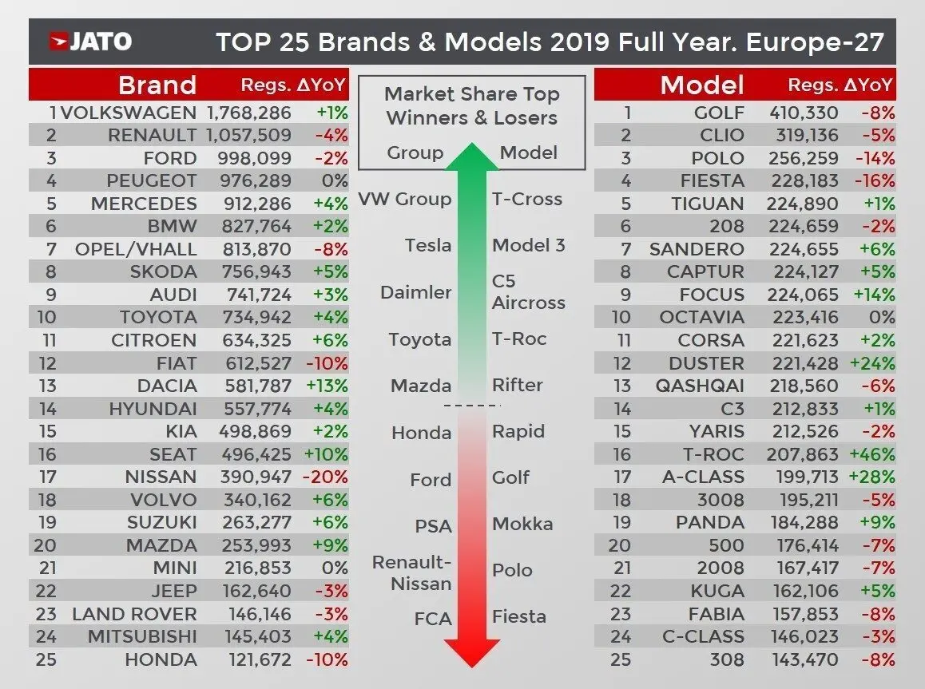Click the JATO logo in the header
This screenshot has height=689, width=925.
coord(90,42)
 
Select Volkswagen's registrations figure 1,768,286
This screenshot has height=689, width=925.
coord(248,113)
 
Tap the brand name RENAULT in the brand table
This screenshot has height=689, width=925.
coord(152,136)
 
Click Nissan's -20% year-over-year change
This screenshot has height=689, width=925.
coord(327,477)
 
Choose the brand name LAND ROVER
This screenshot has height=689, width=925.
coord(134,614)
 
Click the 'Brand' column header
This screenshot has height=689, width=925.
coord(157,85)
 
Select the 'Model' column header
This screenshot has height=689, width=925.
coord(702,85)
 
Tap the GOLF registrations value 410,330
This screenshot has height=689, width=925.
coord(802,113)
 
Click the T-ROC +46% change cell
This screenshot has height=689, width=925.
coord(871,454)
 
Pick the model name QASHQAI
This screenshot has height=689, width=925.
coord(700,386)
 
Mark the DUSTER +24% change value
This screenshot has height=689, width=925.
coord(871,363)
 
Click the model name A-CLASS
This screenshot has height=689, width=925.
coord(703,477)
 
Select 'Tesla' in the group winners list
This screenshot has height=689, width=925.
coord(428,245)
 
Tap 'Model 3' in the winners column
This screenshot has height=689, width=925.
coord(528,245)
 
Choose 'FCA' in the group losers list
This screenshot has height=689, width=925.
coord(432,619)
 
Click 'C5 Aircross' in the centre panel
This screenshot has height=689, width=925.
coord(528,292)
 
